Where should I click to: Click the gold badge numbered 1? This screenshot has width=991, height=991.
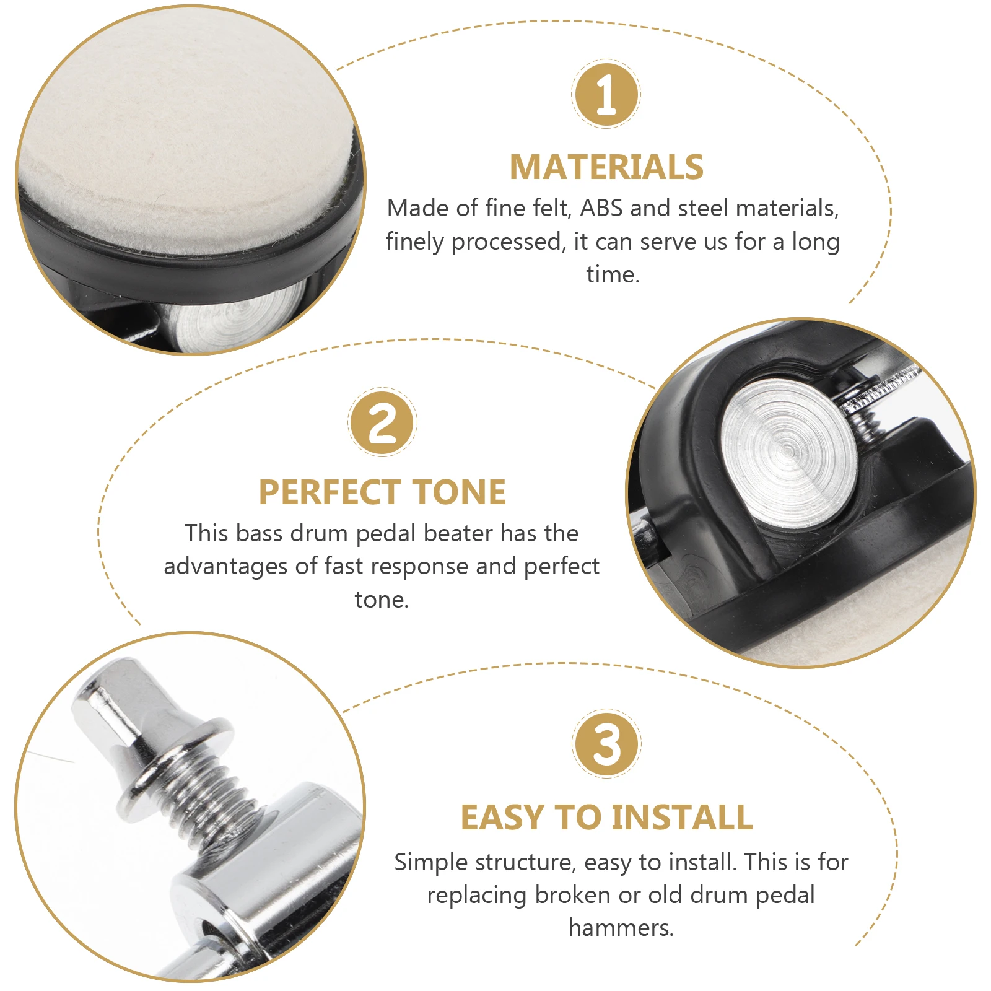606,94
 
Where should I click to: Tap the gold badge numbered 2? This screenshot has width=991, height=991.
382,422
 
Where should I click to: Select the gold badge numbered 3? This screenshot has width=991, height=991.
606,744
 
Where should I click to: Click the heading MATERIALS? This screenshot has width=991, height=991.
606,167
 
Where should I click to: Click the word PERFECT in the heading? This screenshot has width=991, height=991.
330,492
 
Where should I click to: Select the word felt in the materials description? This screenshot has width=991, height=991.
552,208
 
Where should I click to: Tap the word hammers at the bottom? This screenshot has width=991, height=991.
621,928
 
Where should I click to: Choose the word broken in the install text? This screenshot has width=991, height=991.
574,895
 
